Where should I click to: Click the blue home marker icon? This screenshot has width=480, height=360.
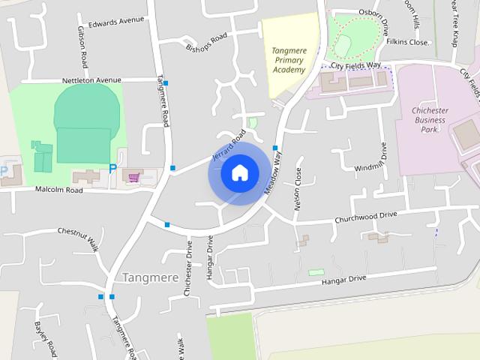239,172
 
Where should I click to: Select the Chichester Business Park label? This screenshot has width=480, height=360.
429,119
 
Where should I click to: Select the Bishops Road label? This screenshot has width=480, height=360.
206,43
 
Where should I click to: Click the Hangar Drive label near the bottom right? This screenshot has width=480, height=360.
343,279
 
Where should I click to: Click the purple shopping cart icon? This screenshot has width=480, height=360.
134,177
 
